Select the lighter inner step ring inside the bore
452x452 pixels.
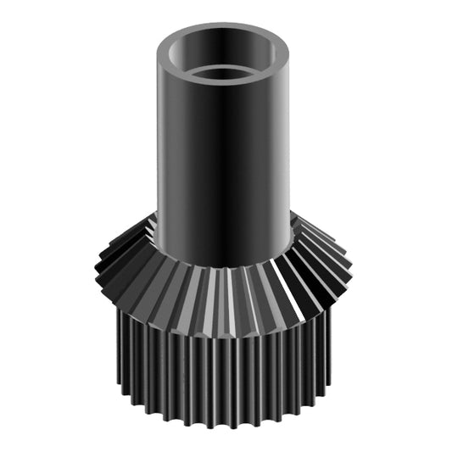(x=225, y=67)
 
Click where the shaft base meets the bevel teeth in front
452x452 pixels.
(x=225, y=266)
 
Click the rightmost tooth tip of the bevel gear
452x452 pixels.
(x=349, y=254)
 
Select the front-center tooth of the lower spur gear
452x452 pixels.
(x=224, y=382)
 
